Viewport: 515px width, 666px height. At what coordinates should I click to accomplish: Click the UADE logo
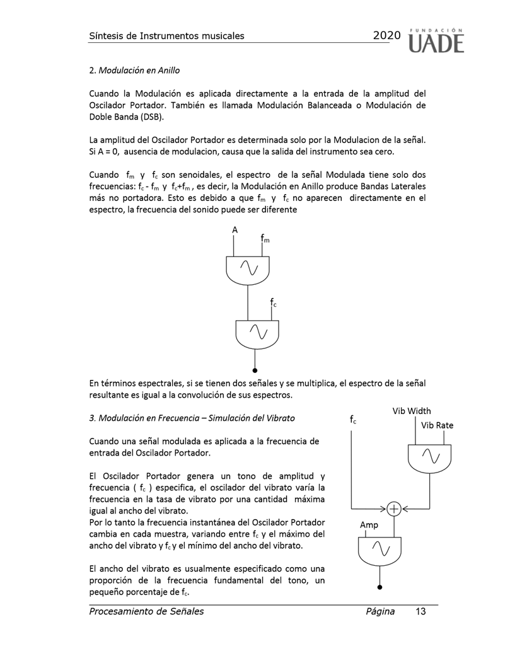point(437,40)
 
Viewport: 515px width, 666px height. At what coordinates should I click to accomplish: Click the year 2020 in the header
point(386,36)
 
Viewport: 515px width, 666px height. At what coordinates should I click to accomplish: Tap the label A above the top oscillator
point(234,231)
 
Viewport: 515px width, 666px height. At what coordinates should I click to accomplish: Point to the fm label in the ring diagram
point(265,239)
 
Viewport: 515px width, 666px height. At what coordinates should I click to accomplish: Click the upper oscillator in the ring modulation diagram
point(248,269)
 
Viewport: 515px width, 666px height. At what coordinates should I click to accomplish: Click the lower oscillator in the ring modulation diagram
point(257,333)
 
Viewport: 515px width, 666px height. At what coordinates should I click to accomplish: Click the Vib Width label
point(412,411)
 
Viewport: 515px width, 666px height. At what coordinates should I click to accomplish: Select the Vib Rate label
point(437,425)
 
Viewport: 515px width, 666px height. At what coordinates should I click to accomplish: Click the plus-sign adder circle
point(393,507)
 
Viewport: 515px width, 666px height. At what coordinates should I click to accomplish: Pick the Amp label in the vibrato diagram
point(369,525)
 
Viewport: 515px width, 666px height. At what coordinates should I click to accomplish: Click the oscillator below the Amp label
point(379,550)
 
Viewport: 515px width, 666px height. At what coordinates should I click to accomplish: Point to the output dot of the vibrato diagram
point(379,587)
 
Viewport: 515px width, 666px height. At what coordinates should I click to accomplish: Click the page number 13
point(420,611)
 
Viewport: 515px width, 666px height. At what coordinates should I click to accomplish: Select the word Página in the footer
point(379,611)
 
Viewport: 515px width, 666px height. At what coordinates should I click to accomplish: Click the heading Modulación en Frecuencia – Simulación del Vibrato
point(192,418)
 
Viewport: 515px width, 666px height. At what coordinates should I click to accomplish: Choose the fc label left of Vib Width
point(353,418)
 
